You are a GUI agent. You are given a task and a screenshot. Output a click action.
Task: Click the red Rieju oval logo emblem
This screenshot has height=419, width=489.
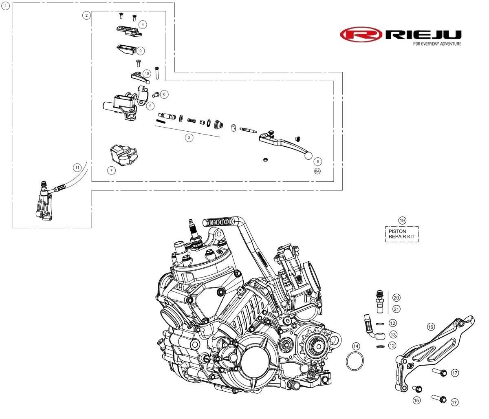(361, 35)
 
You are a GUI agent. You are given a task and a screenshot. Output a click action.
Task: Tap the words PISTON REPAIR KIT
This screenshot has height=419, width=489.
(401, 234)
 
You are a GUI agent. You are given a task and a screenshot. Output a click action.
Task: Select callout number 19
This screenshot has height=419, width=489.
(402, 221)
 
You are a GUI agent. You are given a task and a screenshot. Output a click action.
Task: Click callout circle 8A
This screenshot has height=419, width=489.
(317, 171)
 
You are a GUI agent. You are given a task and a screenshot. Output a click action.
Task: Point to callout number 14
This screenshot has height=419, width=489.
(356, 346)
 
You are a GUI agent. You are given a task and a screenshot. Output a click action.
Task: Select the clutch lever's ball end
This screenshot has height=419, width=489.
(308, 156)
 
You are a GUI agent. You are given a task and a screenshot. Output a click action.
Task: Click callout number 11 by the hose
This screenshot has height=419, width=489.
(77, 168)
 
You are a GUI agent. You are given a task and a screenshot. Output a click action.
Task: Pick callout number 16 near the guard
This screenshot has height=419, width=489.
(431, 327)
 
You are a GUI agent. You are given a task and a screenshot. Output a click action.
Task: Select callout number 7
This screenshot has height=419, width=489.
(111, 170)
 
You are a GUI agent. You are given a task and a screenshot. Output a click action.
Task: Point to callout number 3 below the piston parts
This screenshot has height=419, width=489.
(189, 138)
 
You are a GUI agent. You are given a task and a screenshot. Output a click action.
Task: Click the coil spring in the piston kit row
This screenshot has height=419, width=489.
(192, 120)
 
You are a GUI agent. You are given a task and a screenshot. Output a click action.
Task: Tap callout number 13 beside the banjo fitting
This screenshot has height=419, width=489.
(393, 335)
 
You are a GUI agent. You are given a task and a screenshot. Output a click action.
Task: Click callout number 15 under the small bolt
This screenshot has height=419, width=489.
(416, 400)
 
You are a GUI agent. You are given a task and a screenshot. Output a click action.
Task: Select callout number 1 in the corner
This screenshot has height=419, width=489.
(5, 6)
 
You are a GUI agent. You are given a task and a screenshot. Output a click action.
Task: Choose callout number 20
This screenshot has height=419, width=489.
(396, 298)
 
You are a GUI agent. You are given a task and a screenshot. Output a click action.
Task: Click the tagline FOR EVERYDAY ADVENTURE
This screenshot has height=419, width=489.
(437, 44)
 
